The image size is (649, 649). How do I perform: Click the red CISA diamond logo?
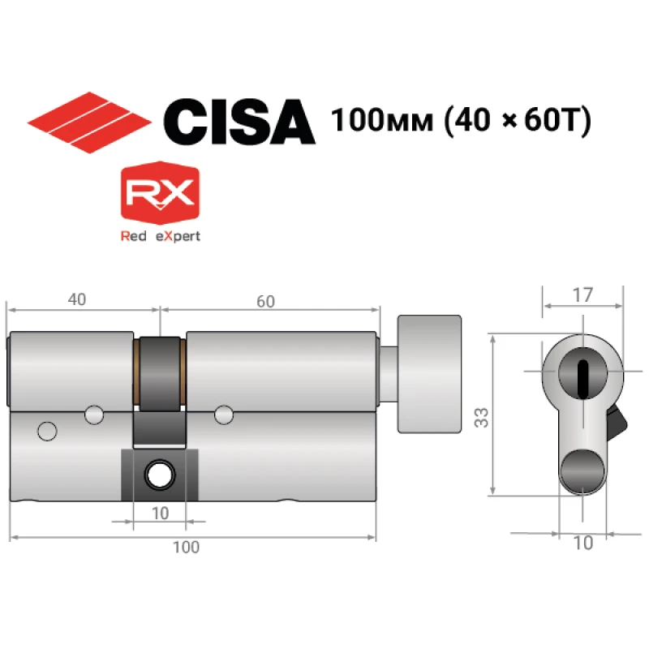(89, 122)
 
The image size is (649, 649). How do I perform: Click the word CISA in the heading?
(239, 122)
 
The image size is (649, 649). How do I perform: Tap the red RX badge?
(160, 193)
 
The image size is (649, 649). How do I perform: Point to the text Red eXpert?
(160, 236)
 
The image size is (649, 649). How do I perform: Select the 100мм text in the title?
(382, 120)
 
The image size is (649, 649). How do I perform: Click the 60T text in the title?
(550, 120)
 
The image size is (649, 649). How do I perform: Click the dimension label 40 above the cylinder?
(77, 299)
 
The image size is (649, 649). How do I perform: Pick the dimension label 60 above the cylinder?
(265, 301)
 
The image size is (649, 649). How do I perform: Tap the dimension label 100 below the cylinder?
(186, 547)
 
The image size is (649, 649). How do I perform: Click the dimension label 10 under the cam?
(160, 514)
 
